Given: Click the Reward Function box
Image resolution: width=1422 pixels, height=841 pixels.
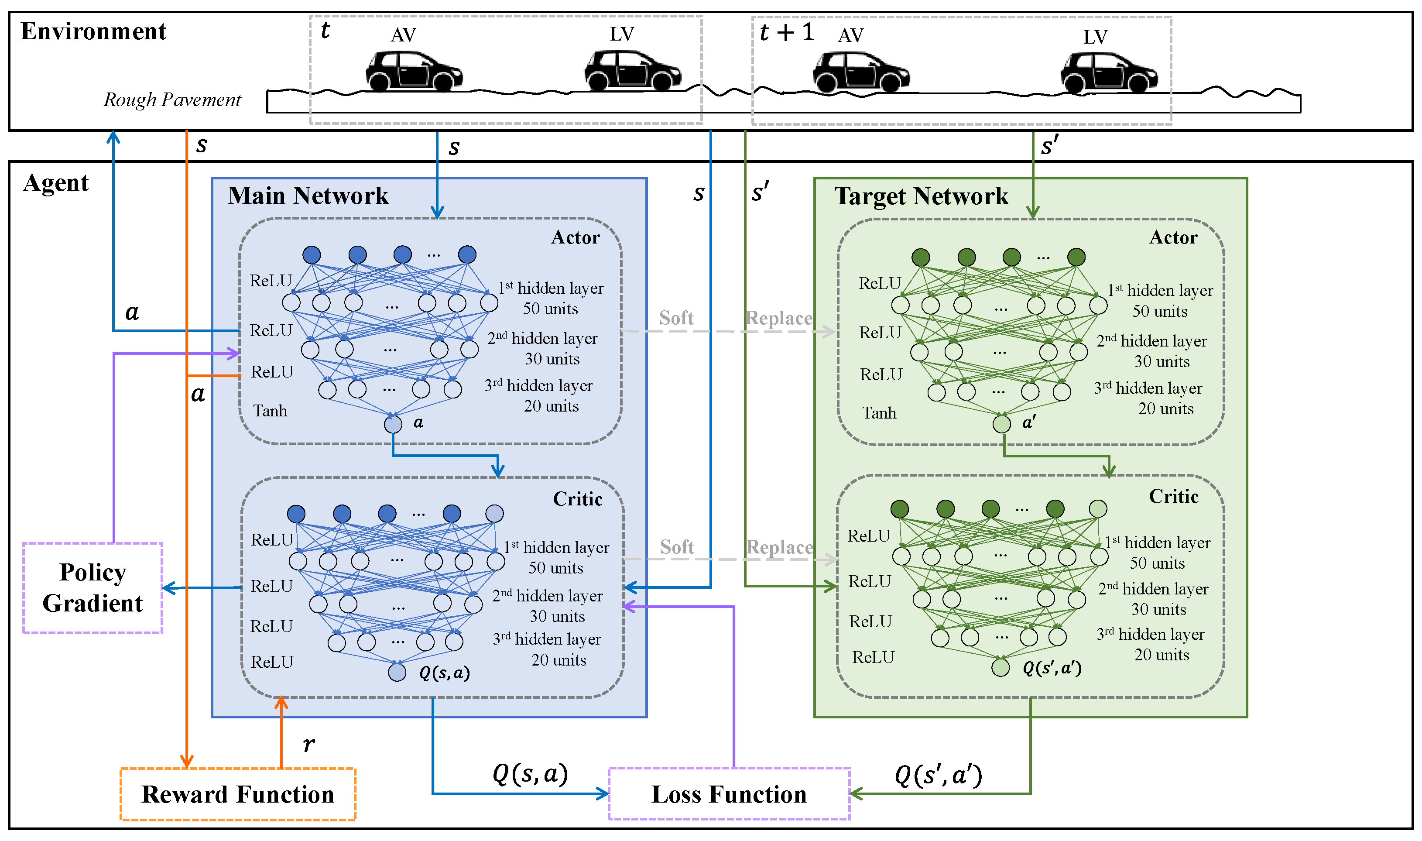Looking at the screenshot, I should coord(238,794).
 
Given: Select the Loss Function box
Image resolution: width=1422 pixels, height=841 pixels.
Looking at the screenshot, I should coord(729,794).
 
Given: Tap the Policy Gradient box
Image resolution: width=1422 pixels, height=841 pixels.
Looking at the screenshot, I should coord(93,588).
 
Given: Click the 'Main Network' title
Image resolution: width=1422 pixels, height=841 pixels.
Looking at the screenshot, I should coord(308,196).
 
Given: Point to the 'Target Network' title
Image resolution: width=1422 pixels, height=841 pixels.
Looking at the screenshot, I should coord(921,196).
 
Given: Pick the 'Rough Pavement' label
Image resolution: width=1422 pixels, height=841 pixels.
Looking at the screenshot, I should coord(172,100).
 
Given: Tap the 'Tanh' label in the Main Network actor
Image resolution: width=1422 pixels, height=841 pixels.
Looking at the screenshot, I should coord(270,410).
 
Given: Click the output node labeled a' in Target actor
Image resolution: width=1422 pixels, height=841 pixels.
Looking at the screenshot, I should coord(1002,423).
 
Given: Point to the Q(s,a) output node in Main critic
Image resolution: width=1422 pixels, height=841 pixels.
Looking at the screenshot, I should coord(397,672).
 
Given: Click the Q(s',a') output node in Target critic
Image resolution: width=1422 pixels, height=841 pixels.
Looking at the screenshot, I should coord(1001,667).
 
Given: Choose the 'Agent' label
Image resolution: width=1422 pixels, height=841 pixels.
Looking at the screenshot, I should coord(56,182).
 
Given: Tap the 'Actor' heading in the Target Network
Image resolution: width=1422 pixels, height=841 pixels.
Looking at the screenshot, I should coord(1173,237).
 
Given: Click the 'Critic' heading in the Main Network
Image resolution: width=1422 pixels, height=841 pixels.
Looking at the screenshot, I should coord(577,499).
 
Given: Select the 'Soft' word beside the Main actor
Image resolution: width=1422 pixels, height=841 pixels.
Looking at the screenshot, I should coord(676,318).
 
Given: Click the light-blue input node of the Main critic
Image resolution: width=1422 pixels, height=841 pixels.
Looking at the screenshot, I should coord(495,513).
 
